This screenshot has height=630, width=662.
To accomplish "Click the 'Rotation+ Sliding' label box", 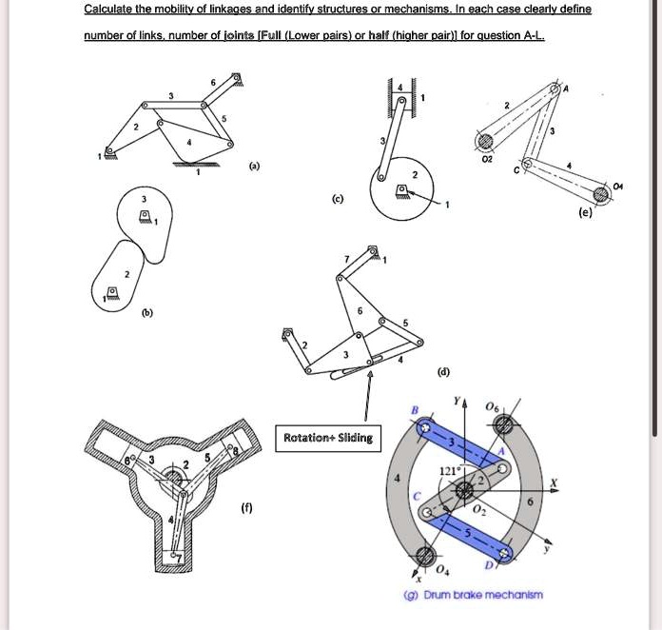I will [328, 438].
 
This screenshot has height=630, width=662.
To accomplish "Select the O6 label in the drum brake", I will [491, 405].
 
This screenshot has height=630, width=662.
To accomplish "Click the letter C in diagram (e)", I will [516, 170].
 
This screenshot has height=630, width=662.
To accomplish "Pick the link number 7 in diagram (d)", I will [346, 259].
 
